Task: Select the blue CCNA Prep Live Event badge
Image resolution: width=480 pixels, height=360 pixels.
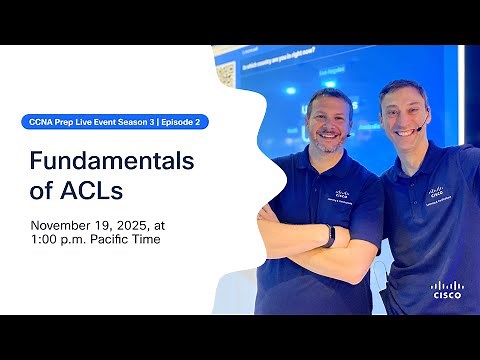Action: (x=114, y=121)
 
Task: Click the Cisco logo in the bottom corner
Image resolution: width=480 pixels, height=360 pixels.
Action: (x=447, y=289)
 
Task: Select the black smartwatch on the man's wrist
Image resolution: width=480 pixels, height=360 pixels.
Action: (x=329, y=235)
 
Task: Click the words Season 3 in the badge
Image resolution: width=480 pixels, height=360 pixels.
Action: (x=135, y=121)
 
